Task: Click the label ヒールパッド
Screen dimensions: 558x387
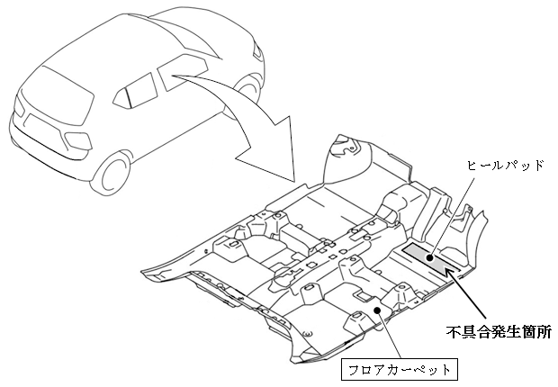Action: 506,166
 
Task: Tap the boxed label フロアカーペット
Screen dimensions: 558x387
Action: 399,370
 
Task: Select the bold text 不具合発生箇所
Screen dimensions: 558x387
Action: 499,332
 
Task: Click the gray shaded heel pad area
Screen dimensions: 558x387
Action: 431,258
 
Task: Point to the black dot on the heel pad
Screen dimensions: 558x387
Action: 430,257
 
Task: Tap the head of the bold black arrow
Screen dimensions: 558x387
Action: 451,274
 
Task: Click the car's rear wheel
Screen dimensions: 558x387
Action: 113,174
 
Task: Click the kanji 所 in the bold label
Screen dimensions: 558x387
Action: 544,332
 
